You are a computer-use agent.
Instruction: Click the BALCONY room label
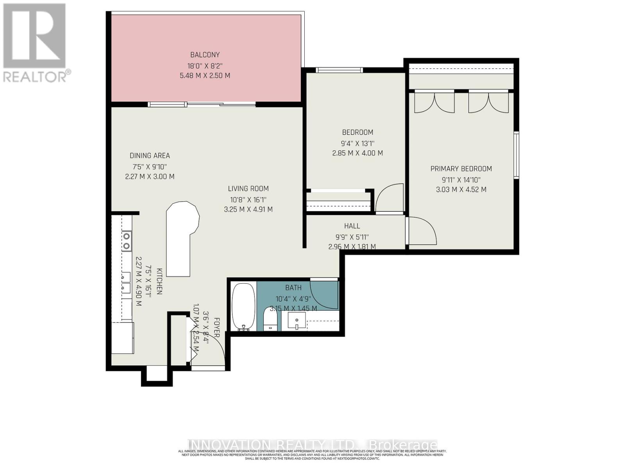(205, 55)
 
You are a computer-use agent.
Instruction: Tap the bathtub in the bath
(243, 307)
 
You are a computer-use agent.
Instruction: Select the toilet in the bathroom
(270, 319)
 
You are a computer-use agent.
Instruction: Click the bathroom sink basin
(297, 321)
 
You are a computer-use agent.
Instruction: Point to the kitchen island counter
(180, 238)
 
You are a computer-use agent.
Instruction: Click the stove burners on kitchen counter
(126, 241)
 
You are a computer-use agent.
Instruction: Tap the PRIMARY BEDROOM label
(461, 169)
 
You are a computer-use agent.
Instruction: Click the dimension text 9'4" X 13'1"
(357, 143)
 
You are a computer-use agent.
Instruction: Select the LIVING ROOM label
(248, 189)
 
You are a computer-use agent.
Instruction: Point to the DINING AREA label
(150, 156)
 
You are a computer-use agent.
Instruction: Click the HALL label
(352, 226)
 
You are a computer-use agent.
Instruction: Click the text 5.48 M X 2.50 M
(205, 75)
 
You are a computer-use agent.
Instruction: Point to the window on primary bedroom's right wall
(516, 155)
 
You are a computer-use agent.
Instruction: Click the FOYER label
(217, 328)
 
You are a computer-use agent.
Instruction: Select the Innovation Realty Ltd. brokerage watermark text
(312, 445)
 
